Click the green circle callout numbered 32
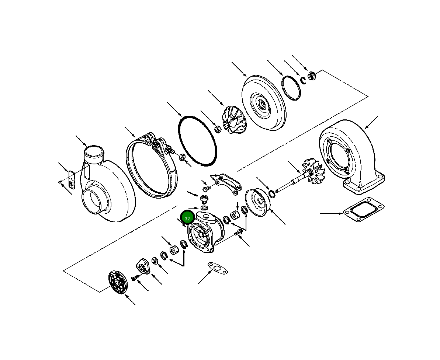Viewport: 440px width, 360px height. point(187,219)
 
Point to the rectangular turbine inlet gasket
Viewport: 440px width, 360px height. point(363,213)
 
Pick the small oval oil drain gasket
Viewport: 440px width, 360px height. point(218,269)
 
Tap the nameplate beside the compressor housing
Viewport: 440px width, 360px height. point(72,179)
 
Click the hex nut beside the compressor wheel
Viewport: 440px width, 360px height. point(218,129)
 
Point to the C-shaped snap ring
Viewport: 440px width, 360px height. point(302,80)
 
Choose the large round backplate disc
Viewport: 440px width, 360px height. point(263,103)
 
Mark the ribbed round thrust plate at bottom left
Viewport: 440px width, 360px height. point(117,283)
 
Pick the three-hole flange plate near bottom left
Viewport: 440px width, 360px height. point(143,266)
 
